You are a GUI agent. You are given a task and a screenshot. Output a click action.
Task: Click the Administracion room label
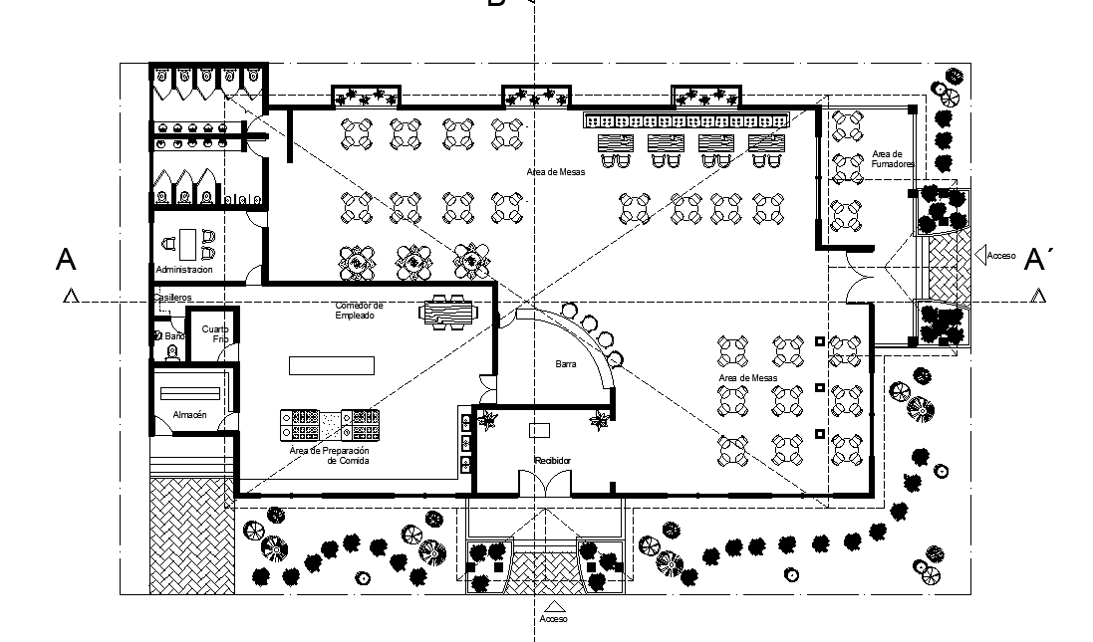pyautogui.click(x=184, y=270)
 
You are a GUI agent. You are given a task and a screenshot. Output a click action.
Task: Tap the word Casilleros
pyautogui.click(x=172, y=298)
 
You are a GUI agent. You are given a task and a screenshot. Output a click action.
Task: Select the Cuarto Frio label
pyautogui.click(x=214, y=333)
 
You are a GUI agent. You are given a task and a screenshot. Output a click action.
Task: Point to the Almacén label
pyautogui.click(x=189, y=414)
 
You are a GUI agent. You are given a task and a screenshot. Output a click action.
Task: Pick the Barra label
pyautogui.click(x=566, y=365)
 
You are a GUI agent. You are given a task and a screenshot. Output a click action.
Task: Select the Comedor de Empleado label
pyautogui.click(x=359, y=310)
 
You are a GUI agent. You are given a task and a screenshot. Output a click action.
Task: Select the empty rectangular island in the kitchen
pyautogui.click(x=332, y=365)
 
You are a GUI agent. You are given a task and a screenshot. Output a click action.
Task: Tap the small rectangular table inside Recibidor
pyautogui.click(x=540, y=430)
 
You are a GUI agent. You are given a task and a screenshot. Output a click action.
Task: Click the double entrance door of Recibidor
pyautogui.click(x=545, y=484)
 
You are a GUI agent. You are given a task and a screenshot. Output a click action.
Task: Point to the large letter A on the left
pyautogui.click(x=66, y=260)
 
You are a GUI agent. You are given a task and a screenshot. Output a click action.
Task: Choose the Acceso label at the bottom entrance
pyautogui.click(x=553, y=619)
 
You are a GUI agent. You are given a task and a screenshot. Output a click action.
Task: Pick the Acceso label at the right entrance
pyautogui.click(x=1000, y=256)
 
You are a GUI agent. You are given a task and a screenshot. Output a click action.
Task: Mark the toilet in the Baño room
pyautogui.click(x=159, y=336)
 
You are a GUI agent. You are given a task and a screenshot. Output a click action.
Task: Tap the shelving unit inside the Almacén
pyautogui.click(x=190, y=391)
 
